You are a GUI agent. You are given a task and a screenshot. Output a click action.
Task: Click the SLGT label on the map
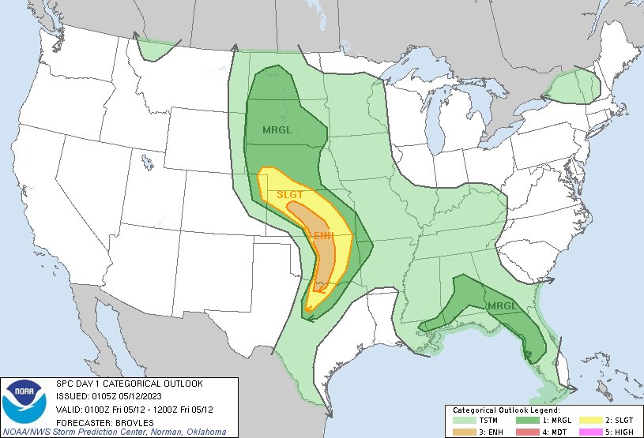(290, 194)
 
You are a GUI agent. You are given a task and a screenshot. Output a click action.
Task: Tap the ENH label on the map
(323, 236)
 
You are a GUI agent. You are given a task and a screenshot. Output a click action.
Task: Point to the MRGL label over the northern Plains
(277, 129)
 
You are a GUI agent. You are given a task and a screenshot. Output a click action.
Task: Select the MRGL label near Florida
(503, 306)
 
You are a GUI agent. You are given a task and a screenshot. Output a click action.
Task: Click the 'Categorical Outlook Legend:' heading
(507, 410)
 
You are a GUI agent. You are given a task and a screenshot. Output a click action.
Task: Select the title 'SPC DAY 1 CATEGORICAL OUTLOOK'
(129, 384)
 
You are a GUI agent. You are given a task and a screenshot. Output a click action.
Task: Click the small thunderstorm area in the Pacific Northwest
(156, 50)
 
